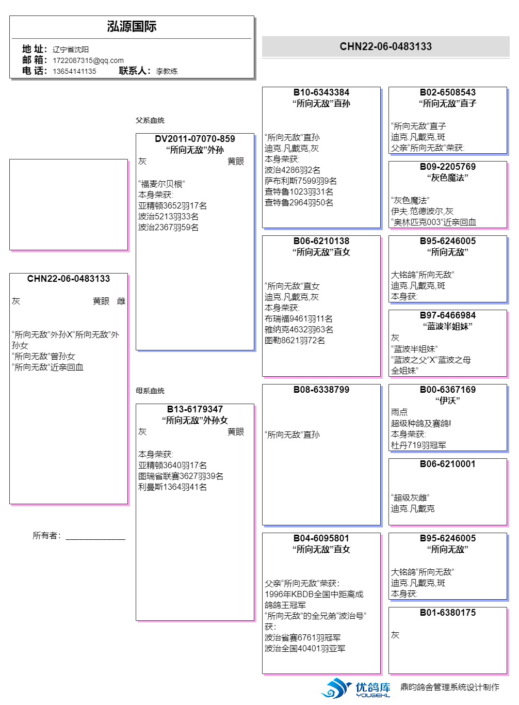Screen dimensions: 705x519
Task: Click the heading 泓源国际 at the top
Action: coord(132,27)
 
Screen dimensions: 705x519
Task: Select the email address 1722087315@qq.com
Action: coord(88,60)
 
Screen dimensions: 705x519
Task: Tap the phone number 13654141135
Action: coord(74,71)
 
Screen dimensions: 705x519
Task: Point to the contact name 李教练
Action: coord(167,71)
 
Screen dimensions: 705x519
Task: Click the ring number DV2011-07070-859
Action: coord(195,139)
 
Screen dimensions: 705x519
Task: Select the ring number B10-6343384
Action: coord(321,92)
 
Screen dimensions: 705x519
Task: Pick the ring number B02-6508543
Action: coord(448,92)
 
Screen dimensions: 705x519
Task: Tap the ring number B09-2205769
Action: coord(448,167)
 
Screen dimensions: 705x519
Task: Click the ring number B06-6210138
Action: coord(321,241)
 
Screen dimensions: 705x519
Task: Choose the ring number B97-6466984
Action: coord(448,315)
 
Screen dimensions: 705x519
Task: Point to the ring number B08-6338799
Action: coord(321,390)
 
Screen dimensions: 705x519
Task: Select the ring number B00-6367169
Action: coord(448,390)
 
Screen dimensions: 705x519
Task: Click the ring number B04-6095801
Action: coord(321,538)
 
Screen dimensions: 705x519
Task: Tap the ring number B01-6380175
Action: coord(448,613)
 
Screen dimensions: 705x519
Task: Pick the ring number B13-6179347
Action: coord(195,409)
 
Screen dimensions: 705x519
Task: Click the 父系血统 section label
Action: coord(150,120)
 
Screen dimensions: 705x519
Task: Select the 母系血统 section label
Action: coord(150,391)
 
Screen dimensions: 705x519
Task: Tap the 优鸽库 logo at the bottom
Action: coord(357,688)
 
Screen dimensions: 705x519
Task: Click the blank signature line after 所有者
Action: coord(95,536)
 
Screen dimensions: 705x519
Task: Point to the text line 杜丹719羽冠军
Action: coord(418,445)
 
